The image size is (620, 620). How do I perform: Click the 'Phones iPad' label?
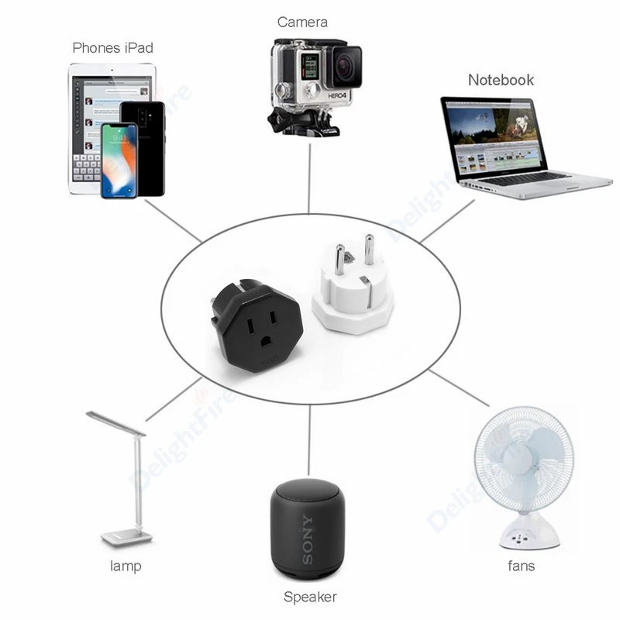coord(112,48)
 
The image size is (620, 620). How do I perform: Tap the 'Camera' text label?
coord(302,22)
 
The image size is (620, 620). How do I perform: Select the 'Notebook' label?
coord(501,80)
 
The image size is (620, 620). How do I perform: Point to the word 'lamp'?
coord(125,566)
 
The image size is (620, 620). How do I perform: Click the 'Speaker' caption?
coord(310,597)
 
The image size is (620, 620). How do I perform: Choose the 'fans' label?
coord(521,566)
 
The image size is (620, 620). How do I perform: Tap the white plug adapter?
coord(353,298)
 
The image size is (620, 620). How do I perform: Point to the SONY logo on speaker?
coord(307,539)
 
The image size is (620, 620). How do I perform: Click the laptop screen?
coord(494,138)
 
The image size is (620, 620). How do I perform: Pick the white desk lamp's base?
coord(126,536)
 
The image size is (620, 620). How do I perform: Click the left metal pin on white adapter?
coord(339,260)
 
